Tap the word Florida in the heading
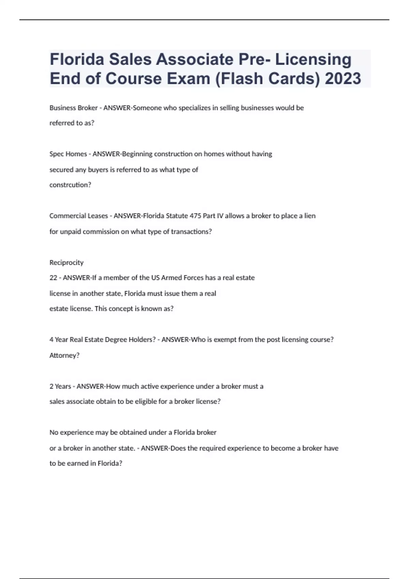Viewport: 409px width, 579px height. pos(77,60)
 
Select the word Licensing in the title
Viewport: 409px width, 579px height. pos(313,60)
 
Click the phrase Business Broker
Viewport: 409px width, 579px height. pos(73,108)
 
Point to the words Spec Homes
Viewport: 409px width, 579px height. pos(68,154)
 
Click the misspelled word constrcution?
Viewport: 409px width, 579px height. pos(70,185)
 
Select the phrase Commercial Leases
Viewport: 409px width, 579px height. pos(78,216)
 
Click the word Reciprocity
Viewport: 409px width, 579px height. pos(66,263)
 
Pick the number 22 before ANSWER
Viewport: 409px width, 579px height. pos(53,278)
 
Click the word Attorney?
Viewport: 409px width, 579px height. pos(64,356)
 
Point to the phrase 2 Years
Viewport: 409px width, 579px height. pos(60,387)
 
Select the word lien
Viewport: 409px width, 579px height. pos(310,216)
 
